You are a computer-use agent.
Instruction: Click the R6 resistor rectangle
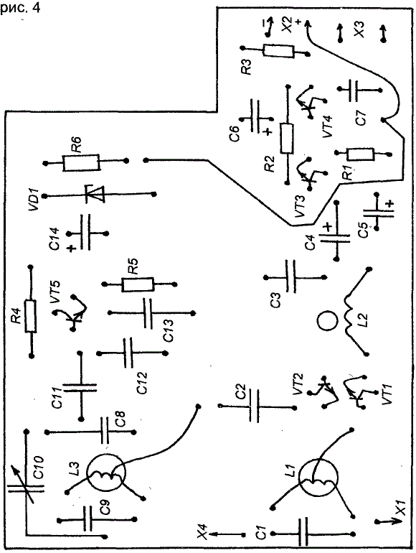[x=81, y=162]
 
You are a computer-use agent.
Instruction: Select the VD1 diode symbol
[x=95, y=194]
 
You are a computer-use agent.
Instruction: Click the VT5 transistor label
[x=55, y=292]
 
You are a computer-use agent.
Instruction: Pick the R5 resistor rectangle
[x=138, y=284]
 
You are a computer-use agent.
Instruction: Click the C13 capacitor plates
[x=148, y=313]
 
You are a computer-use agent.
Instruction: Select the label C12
[x=142, y=383]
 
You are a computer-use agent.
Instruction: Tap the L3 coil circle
[x=105, y=473]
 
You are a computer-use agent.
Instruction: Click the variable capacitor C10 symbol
[x=25, y=488]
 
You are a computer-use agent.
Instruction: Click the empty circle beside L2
[x=327, y=321]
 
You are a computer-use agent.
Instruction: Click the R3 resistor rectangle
[x=278, y=52]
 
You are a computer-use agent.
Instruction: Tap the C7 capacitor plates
[x=353, y=90]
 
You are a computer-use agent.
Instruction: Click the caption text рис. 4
[x=20, y=8]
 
